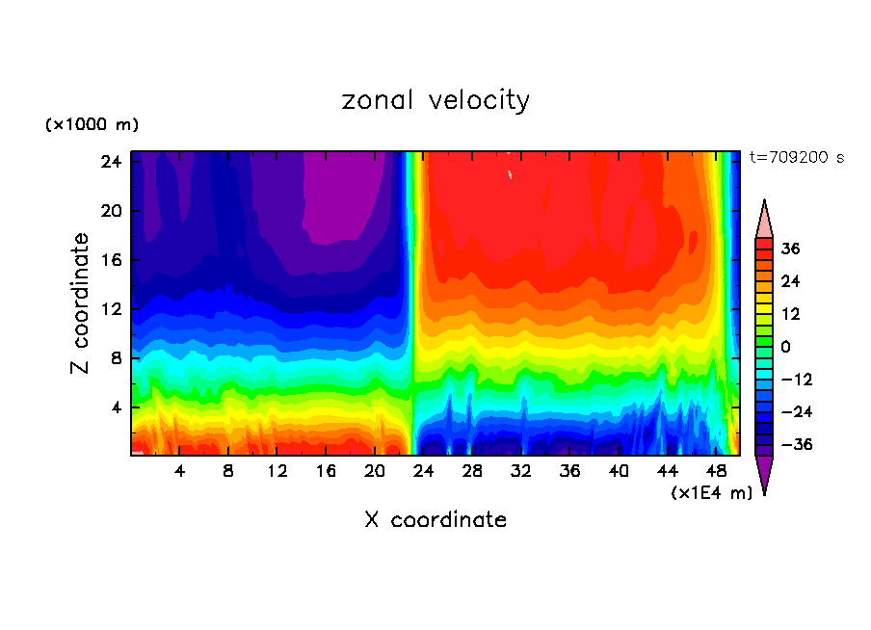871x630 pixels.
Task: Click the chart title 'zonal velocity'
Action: [435, 100]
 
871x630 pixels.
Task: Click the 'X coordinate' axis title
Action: [435, 520]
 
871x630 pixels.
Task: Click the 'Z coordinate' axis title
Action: [81, 303]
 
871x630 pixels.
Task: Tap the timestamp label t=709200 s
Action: [796, 157]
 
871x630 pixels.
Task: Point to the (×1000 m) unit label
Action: [92, 125]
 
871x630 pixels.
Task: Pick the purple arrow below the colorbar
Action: [764, 474]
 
